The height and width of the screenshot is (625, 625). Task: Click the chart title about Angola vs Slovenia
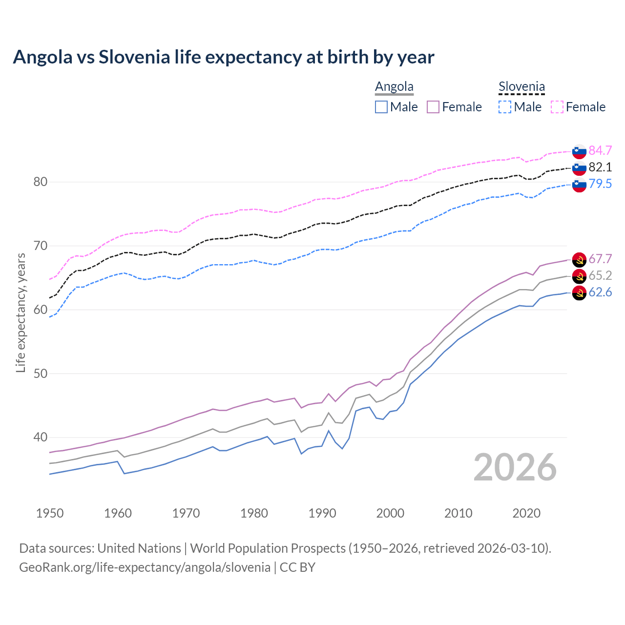(223, 57)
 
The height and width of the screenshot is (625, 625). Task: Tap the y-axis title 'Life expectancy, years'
(21, 312)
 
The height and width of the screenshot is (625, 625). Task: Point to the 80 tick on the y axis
(40, 182)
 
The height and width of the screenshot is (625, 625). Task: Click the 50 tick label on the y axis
(40, 374)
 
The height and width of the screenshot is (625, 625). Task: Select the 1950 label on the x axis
(50, 513)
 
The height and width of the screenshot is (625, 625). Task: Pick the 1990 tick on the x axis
(322, 513)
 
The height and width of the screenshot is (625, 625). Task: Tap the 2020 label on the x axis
(526, 513)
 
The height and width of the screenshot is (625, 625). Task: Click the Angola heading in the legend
(394, 87)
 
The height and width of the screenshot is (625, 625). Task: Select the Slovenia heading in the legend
(521, 87)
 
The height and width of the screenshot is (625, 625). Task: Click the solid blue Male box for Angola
(381, 107)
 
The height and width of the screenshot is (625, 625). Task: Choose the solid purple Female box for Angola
(433, 107)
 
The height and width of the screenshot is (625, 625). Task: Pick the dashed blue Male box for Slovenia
(505, 107)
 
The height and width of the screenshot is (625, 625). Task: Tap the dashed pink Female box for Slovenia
(557, 107)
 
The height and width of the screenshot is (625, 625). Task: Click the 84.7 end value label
(600, 150)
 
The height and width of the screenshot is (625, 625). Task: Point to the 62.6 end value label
(600, 292)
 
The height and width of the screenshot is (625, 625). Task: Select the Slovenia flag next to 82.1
(579, 167)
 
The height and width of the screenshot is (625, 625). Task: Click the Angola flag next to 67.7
(579, 259)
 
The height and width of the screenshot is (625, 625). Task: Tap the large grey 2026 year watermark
(515, 467)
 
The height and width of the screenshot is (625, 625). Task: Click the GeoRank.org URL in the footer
(145, 567)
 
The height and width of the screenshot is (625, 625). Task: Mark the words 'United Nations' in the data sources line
(139, 548)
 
